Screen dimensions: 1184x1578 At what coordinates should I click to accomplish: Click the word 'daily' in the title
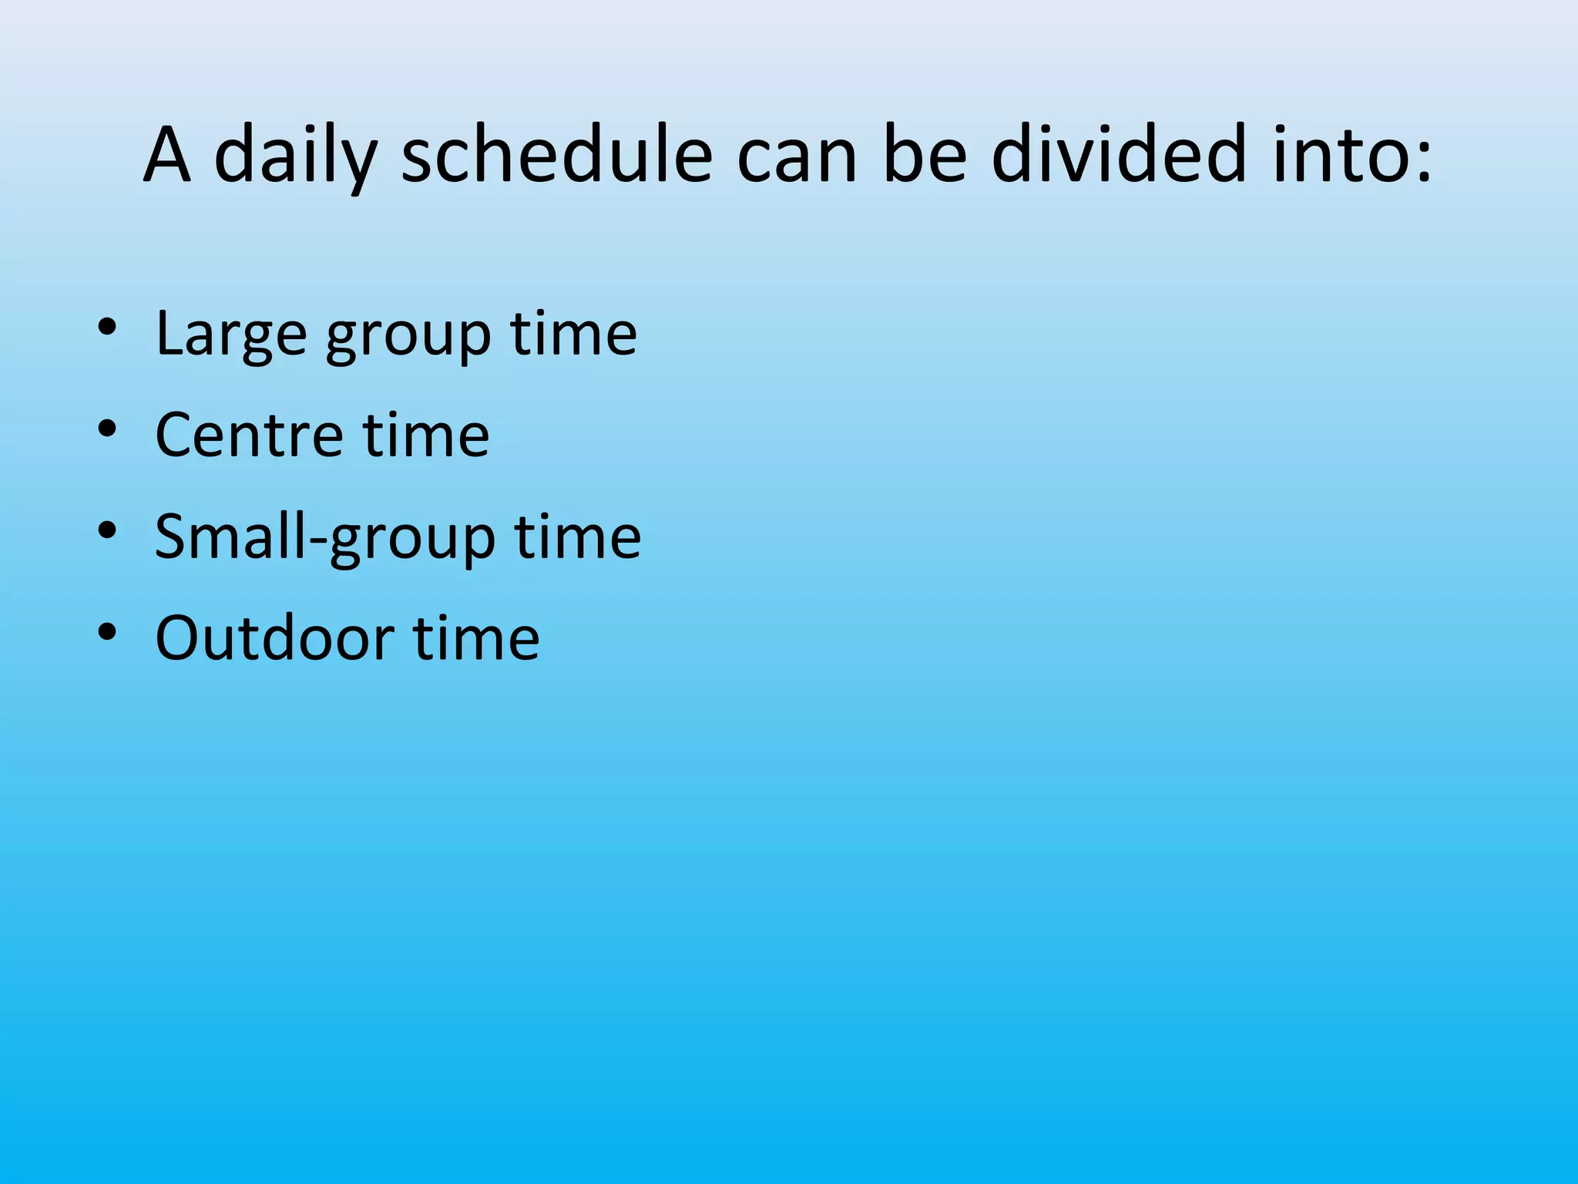coord(294,156)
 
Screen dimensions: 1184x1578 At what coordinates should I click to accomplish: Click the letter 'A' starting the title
coord(167,156)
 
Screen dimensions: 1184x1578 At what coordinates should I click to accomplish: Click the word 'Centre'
coord(248,435)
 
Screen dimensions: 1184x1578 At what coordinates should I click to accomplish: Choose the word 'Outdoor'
coord(274,638)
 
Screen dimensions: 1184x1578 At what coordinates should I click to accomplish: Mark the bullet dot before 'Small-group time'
coord(107,530)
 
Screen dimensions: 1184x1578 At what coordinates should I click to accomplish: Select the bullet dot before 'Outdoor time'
coord(107,631)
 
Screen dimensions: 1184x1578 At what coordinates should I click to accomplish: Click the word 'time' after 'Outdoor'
coord(476,638)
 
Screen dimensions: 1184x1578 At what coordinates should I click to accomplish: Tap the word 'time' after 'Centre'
coord(426,435)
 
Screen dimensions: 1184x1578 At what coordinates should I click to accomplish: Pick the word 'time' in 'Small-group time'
coord(577,536)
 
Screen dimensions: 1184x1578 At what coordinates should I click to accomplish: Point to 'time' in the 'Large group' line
coord(573,334)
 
